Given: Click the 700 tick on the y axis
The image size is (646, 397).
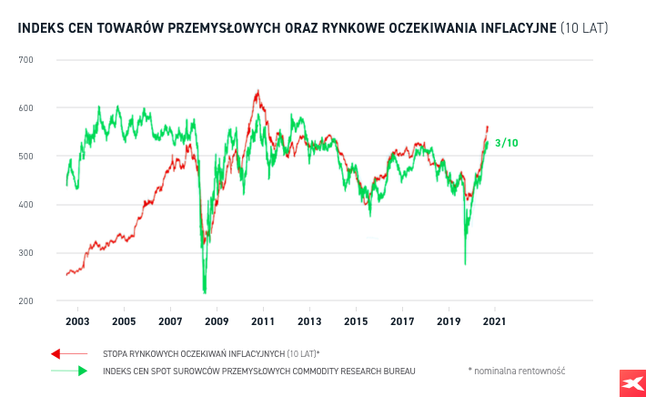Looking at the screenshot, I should pyautogui.click(x=25, y=60).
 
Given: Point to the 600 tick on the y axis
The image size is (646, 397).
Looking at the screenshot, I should pyautogui.click(x=25, y=108).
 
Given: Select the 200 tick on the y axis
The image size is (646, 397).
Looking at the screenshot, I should pyautogui.click(x=25, y=301).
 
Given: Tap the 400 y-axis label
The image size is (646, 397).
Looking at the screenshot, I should pyautogui.click(x=25, y=205).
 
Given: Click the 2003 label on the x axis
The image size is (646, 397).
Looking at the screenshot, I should pyautogui.click(x=77, y=321).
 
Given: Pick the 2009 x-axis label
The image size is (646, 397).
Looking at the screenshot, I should pyautogui.click(x=217, y=321).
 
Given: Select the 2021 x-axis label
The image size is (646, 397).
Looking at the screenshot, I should pyautogui.click(x=495, y=321).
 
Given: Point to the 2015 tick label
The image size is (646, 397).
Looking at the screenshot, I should pyautogui.click(x=356, y=321).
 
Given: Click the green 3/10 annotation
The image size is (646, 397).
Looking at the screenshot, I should pyautogui.click(x=506, y=143).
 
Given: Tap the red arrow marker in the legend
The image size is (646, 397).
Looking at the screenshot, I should pyautogui.click(x=56, y=352).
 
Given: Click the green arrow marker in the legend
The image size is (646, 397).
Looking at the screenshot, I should pyautogui.click(x=82, y=371).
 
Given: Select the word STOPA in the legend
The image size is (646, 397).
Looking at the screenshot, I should pyautogui.click(x=116, y=352).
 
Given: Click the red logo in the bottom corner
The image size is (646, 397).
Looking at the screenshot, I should pyautogui.click(x=627, y=383).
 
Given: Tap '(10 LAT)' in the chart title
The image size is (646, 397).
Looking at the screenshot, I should pyautogui.click(x=583, y=29).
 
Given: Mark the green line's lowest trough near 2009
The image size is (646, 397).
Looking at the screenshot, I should pyautogui.click(x=205, y=291).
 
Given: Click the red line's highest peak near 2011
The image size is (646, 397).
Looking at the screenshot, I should pyautogui.click(x=257, y=91).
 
